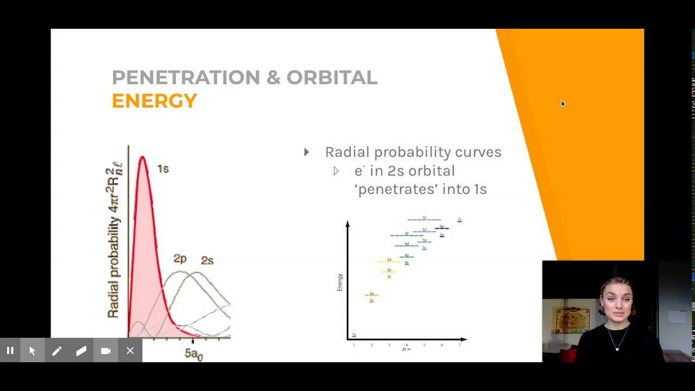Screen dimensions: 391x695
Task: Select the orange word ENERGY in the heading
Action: (x=154, y=101)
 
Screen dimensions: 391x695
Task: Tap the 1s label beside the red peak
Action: (x=163, y=169)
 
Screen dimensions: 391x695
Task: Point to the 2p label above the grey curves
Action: (x=180, y=259)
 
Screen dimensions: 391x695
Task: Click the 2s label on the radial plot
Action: (x=207, y=261)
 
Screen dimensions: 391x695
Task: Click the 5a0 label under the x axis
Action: (x=193, y=354)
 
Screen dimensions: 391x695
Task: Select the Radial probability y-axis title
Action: (x=115, y=239)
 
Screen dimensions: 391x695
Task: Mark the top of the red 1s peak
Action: (x=142, y=158)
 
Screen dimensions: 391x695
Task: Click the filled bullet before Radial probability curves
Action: (x=307, y=153)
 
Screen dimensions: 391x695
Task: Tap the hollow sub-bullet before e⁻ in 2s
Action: (x=336, y=171)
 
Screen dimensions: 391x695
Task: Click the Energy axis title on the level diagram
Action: (x=340, y=282)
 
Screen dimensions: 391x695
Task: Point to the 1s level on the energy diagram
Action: (x=354, y=335)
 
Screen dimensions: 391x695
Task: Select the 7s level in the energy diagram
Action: (x=459, y=220)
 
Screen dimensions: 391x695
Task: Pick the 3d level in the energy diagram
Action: (x=389, y=261)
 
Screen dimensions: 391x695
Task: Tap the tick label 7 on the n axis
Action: (x=459, y=345)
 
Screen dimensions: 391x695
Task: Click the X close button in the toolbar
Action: (x=130, y=351)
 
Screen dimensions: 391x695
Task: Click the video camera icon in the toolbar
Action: (x=106, y=351)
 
